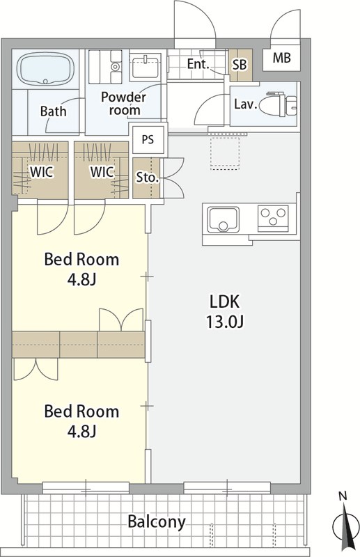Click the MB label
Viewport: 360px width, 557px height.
[282, 58]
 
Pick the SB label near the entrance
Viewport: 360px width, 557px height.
[240, 65]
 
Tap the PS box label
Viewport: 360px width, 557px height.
[148, 140]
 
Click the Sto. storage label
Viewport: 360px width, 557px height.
[148, 178]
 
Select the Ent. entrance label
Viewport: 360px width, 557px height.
[198, 64]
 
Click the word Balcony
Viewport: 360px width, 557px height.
[157, 522]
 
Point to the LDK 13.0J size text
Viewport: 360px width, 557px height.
[224, 311]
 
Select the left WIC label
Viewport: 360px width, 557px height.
[42, 172]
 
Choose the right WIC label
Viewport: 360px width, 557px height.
[102, 172]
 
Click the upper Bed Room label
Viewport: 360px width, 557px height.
[81, 260]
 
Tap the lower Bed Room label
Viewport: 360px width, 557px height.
[81, 411]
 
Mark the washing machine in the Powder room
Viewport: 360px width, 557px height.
[106, 67]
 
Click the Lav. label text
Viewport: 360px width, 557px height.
[246, 104]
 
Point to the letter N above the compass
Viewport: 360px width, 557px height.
[343, 496]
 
